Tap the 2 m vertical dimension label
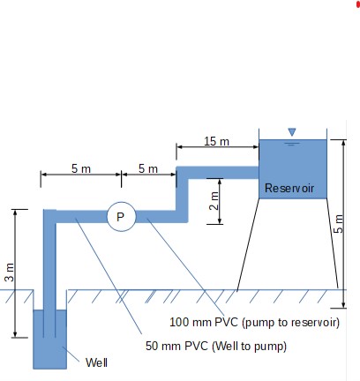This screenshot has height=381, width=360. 214,201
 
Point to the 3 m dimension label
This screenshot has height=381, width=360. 9,273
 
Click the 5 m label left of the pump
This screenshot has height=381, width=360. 80,168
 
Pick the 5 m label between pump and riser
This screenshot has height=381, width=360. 147,168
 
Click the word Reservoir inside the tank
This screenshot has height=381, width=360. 289,188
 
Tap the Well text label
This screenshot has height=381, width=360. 95,362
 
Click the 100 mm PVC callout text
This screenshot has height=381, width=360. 254,323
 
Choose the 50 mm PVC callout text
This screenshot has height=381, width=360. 216,346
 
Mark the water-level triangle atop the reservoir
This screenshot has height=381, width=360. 292,132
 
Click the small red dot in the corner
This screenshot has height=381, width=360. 357,4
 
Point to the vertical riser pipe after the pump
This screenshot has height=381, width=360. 183,194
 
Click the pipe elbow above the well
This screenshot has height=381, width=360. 49,216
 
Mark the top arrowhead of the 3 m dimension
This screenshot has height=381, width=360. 15,212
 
